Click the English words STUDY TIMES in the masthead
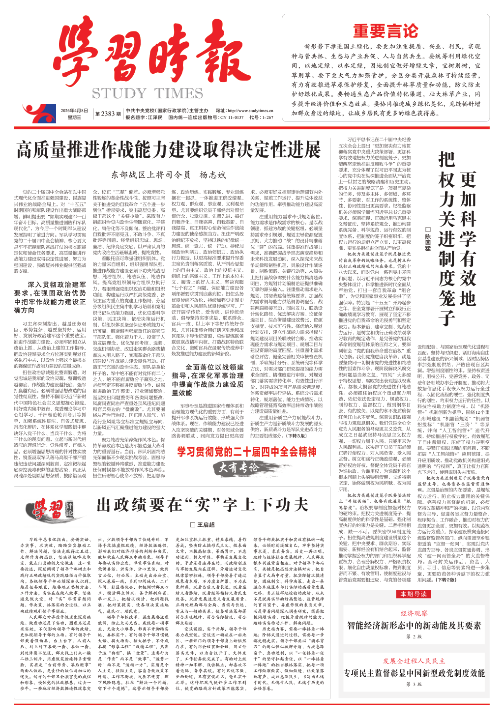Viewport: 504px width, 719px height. click(148, 93)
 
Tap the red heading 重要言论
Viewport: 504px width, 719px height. click(385, 31)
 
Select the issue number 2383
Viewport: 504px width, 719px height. click(108, 114)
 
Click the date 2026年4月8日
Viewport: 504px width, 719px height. click(74, 111)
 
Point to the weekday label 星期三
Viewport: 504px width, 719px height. click(74, 117)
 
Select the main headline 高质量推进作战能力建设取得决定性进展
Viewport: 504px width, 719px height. click(169, 149)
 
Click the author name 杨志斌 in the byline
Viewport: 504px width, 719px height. click(212, 175)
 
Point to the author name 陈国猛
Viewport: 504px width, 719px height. click(428, 239)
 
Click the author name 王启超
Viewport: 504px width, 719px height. click(206, 524)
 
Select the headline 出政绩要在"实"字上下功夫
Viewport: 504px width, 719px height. click(202, 505)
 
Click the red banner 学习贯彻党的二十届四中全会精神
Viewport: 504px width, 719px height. click(247, 452)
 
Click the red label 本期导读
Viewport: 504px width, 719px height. click(414, 594)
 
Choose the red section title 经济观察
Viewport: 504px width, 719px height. click(414, 613)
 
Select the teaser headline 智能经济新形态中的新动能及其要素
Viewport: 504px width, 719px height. click(414, 625)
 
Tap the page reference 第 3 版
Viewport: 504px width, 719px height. click(414, 684)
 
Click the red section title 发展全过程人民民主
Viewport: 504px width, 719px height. click(414, 661)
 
